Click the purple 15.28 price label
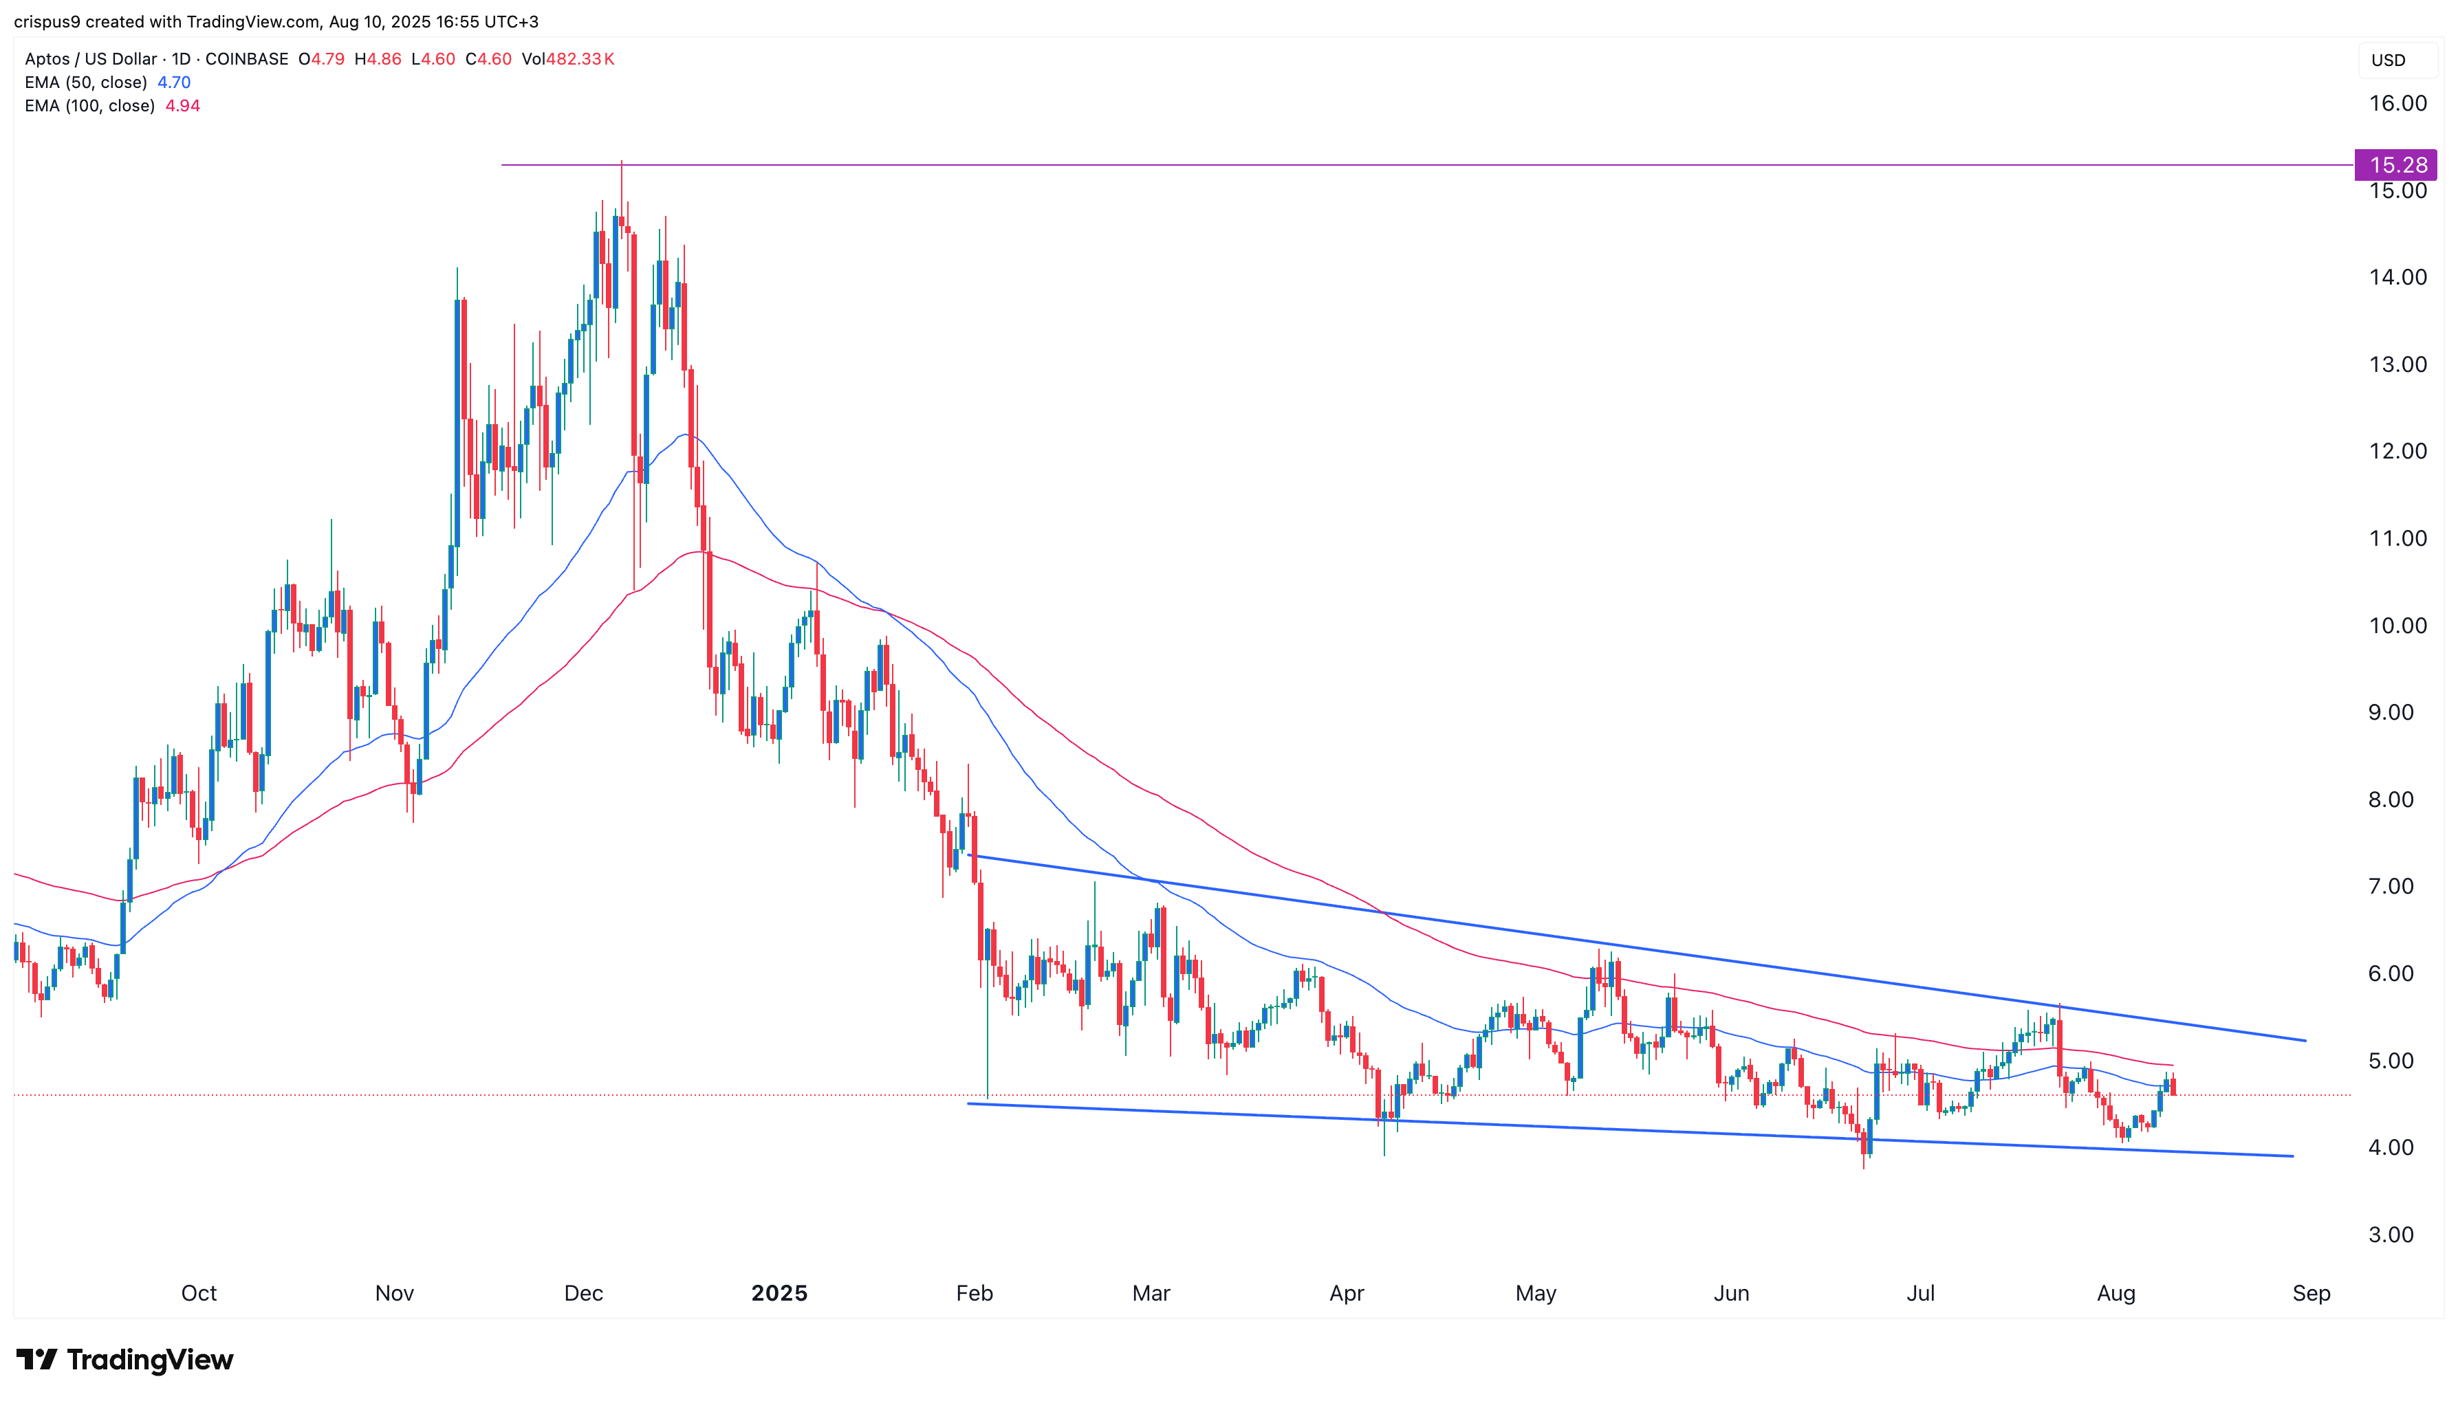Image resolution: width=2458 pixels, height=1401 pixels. click(2396, 164)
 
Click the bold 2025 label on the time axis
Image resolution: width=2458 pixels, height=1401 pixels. click(779, 1292)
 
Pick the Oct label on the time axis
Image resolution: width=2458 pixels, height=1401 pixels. click(199, 1292)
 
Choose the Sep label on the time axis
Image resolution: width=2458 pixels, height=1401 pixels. click(2311, 1292)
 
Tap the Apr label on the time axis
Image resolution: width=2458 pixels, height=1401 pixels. click(1347, 1292)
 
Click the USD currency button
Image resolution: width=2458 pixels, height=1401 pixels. click(2388, 60)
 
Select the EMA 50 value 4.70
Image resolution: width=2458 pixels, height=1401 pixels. click(174, 82)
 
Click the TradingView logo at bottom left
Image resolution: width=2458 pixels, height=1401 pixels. click(125, 1360)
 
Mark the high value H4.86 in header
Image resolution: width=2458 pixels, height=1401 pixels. click(378, 58)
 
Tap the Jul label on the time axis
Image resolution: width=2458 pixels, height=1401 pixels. click(1920, 1292)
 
